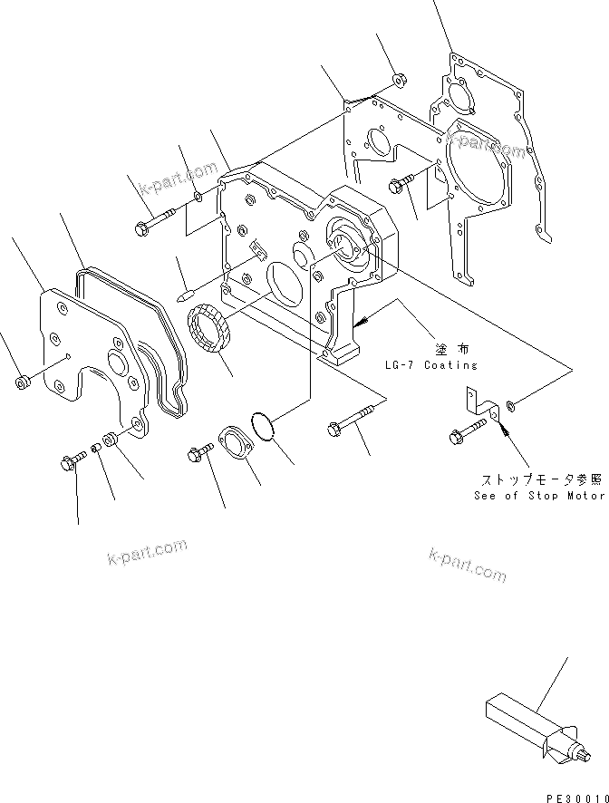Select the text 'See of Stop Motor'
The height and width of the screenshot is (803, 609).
[538, 496]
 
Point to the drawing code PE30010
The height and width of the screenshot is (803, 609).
[575, 795]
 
